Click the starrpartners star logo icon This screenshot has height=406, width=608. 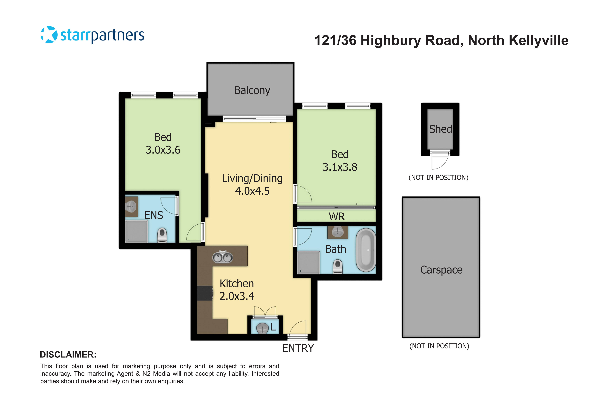(49, 35)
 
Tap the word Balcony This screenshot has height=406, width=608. (252, 90)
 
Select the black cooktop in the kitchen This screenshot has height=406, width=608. (205, 293)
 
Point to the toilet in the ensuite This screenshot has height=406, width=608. (162, 235)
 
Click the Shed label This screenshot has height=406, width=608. (440, 129)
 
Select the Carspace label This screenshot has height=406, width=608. (441, 270)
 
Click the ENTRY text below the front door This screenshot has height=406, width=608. (298, 348)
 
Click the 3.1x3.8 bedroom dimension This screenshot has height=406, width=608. (340, 167)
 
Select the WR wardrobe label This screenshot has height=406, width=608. (337, 216)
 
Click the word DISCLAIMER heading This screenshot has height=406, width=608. (68, 355)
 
